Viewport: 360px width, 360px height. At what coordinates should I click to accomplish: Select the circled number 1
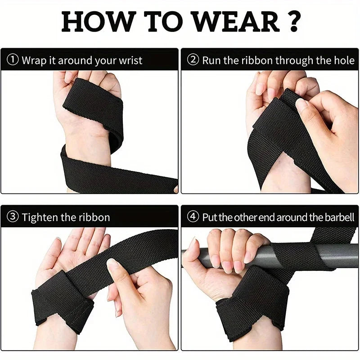pyautogui.click(x=13, y=60)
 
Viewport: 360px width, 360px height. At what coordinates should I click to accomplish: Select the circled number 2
pyautogui.click(x=193, y=60)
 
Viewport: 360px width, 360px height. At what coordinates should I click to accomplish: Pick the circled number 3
pyautogui.click(x=13, y=217)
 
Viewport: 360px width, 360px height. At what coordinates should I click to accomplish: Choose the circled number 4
pyautogui.click(x=193, y=217)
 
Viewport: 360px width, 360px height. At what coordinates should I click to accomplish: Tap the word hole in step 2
pyautogui.click(x=343, y=60)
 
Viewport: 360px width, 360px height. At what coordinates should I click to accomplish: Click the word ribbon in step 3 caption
pyautogui.click(x=94, y=217)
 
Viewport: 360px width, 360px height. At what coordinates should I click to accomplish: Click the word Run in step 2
pyautogui.click(x=211, y=60)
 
